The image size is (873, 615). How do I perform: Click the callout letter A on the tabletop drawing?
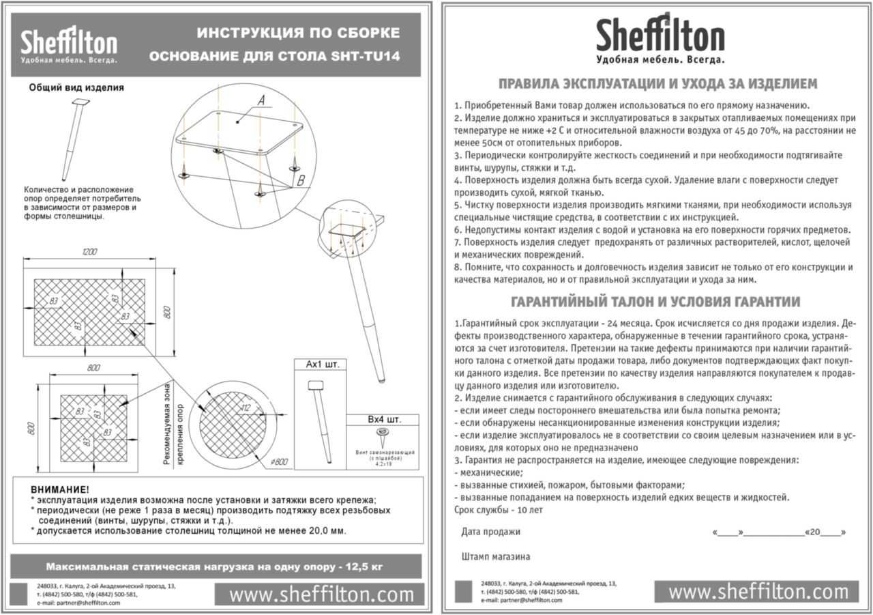261,101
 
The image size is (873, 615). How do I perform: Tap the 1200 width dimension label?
89,253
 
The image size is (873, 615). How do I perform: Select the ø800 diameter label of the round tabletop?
279,462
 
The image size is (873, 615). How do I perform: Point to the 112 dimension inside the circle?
246,408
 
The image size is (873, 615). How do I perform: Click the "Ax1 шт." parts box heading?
322,364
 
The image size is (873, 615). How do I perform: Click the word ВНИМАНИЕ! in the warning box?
60,489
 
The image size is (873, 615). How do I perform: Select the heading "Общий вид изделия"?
76,87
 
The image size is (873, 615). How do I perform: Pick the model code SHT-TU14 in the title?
369,56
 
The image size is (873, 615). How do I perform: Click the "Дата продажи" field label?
490,532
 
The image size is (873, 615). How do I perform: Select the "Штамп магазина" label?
496,556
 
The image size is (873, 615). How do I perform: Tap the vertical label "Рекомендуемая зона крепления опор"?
174,423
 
